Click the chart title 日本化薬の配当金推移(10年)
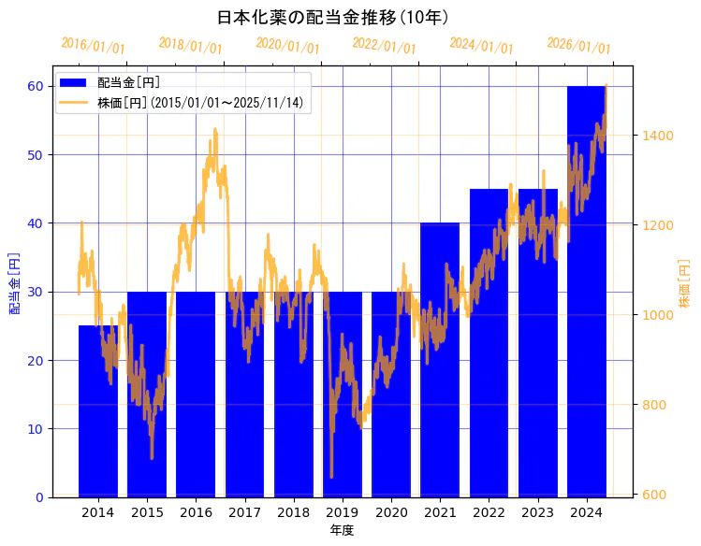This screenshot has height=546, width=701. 333,18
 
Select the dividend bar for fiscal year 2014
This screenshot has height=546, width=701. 98,411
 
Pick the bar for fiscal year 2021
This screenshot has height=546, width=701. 440,360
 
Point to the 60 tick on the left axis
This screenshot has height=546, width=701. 37,86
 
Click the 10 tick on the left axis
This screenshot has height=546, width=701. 37,429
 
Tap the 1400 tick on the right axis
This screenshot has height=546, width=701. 656,136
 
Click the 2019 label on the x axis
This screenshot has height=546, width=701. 343,512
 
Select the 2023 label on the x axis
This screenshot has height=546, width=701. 537,512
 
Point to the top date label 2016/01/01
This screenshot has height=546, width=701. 93,45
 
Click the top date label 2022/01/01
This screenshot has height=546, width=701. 384,45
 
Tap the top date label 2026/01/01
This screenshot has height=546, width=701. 578,45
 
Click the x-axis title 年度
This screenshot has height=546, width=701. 342,530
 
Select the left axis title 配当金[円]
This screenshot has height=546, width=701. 14,281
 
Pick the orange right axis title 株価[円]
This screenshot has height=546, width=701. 684,284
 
